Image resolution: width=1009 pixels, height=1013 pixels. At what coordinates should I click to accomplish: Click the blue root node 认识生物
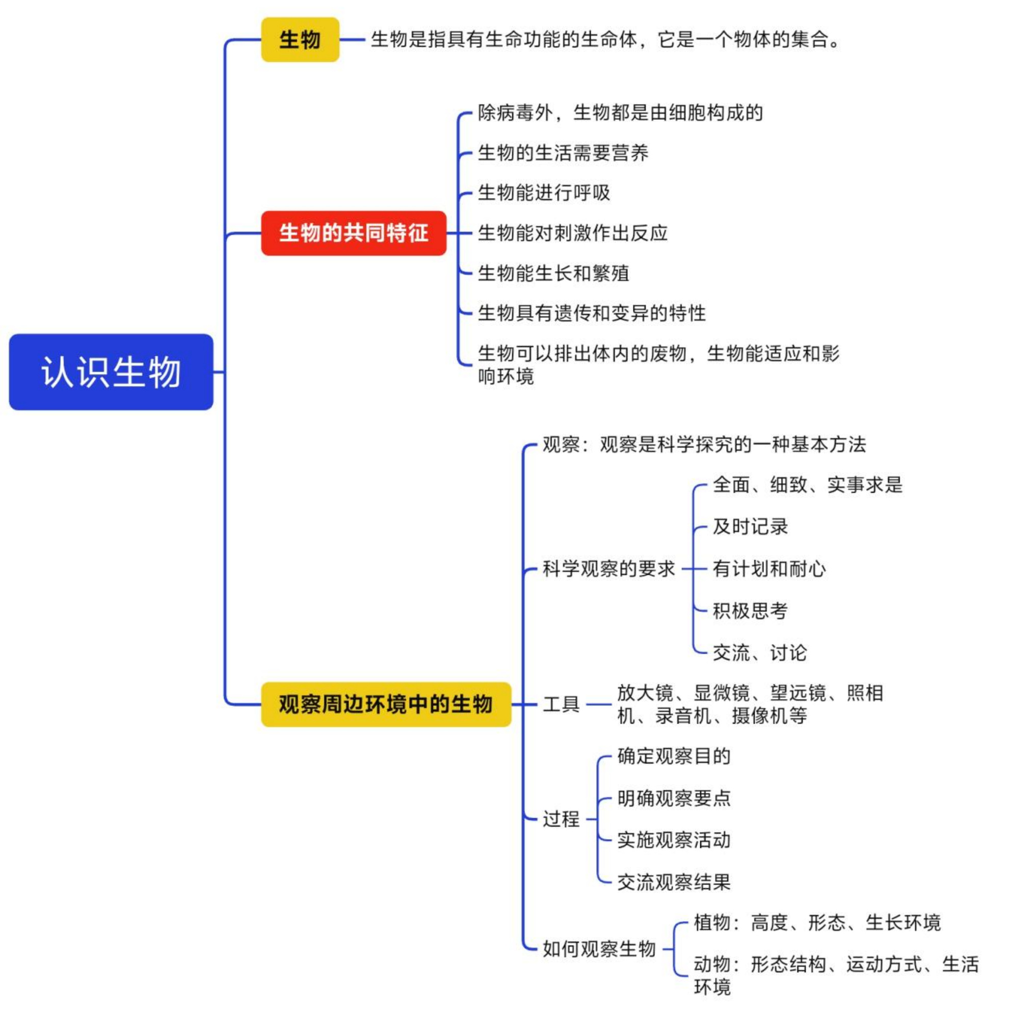(111, 372)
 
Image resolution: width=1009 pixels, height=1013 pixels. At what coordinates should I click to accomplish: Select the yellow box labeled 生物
(300, 39)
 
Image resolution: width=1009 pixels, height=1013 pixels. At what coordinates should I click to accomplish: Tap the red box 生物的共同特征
(354, 233)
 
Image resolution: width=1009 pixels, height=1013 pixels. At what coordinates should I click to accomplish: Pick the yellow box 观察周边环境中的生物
(386, 704)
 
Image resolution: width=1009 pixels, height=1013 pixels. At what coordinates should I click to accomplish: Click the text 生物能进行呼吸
(544, 193)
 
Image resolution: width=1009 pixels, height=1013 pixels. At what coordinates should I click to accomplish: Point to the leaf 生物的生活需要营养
(563, 152)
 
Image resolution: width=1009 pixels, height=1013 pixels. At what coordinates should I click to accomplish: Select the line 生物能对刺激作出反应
(572, 233)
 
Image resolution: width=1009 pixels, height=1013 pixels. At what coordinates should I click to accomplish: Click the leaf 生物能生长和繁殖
(553, 273)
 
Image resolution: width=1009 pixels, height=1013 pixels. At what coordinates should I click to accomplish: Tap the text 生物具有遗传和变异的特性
(592, 313)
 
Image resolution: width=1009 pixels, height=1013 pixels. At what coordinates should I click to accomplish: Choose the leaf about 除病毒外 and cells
(620, 112)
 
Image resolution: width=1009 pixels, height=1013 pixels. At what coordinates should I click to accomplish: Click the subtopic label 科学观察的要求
(608, 568)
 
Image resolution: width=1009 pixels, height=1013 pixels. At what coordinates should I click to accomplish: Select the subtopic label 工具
(561, 704)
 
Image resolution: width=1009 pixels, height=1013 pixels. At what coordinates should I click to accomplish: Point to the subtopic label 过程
(561, 818)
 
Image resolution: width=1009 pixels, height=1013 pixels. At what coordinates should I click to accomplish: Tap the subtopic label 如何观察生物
(599, 948)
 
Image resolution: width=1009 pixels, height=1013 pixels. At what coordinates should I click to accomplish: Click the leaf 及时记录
(750, 526)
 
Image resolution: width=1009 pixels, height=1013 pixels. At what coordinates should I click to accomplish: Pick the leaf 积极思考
(750, 610)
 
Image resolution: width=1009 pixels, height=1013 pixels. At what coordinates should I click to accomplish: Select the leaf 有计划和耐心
(769, 568)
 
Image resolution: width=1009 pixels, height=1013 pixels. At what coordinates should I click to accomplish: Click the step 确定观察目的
(674, 756)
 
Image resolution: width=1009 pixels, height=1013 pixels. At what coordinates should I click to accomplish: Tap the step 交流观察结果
(674, 882)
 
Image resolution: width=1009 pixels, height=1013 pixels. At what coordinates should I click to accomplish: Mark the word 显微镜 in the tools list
(722, 692)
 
